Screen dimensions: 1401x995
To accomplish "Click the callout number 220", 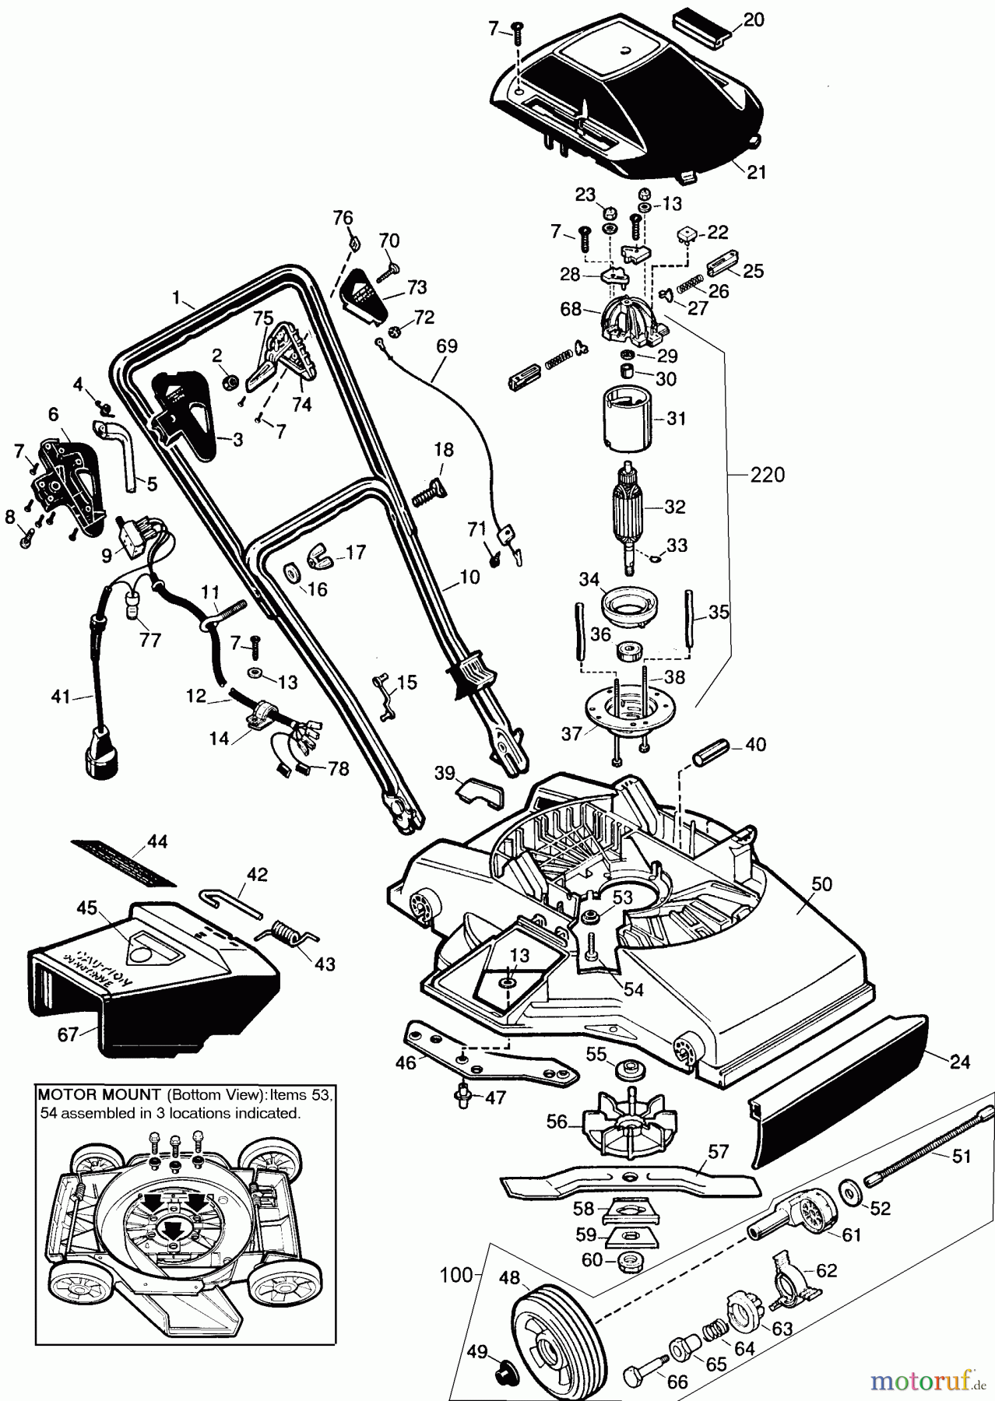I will point(767,475).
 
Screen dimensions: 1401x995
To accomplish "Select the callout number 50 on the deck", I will point(821,884).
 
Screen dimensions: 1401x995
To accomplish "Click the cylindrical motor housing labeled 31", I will point(628,418).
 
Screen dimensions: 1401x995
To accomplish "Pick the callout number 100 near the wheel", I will point(456,1275).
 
